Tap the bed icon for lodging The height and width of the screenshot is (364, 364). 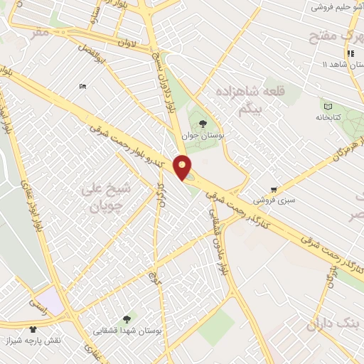point(83,87)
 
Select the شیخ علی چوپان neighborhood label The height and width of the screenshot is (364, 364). point(109,200)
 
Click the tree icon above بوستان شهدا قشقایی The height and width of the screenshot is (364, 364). point(127,319)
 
